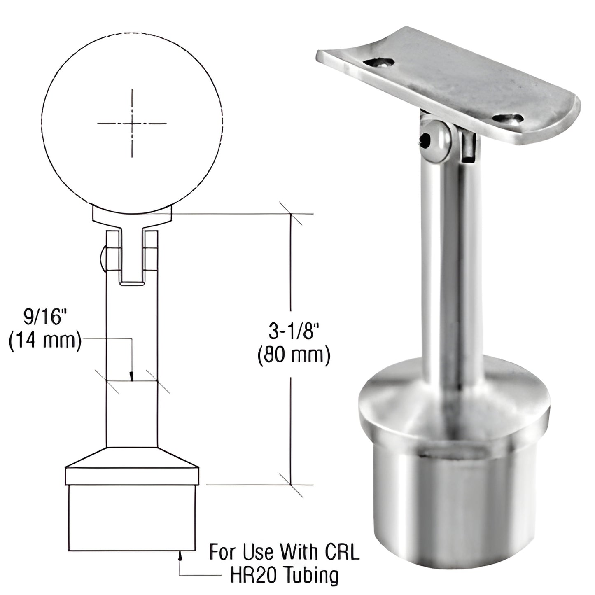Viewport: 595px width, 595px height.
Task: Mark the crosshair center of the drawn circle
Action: pyautogui.click(x=132, y=123)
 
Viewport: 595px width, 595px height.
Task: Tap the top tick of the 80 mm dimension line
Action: pyautogui.click(x=291, y=214)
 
